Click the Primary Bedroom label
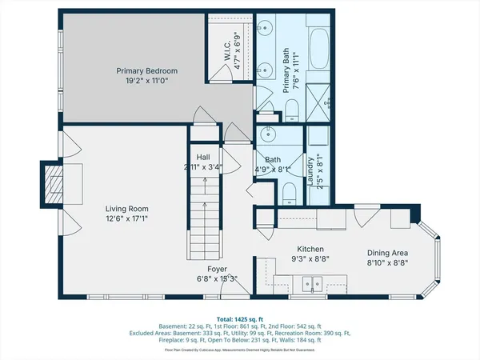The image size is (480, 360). (x=146, y=71)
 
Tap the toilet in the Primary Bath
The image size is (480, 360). (x=293, y=109)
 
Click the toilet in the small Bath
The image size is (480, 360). (x=288, y=190)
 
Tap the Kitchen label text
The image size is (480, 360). (x=310, y=249)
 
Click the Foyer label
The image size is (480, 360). (x=218, y=269)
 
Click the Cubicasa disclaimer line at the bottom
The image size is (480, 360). (x=239, y=350)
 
